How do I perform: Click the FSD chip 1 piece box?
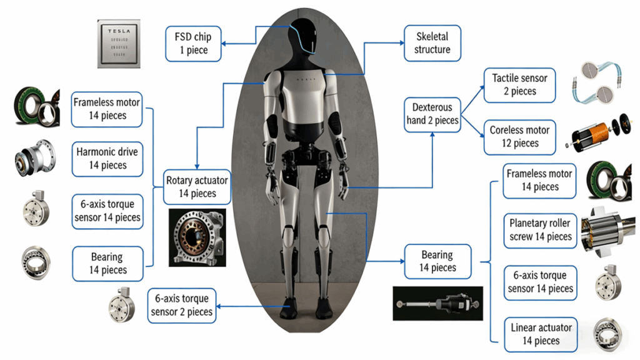(x=194, y=43)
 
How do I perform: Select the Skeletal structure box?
(x=432, y=43)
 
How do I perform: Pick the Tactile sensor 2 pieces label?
(x=519, y=85)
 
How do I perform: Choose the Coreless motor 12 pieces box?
(x=519, y=137)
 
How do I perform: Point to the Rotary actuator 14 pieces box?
(x=197, y=187)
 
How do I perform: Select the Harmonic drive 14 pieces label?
(x=107, y=159)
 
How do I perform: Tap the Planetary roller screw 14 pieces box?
(x=540, y=230)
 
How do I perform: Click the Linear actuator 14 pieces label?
(x=540, y=334)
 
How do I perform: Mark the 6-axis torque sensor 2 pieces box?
(x=182, y=305)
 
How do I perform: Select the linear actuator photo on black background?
(x=437, y=305)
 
